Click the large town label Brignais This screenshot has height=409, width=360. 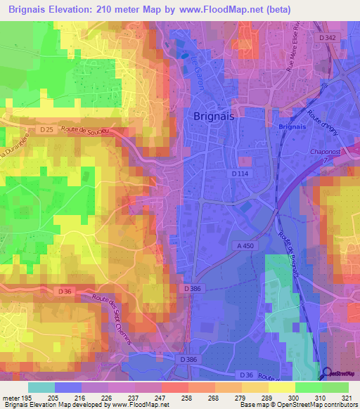215,118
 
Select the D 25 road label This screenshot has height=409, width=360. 46,130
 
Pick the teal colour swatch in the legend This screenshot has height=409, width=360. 41,387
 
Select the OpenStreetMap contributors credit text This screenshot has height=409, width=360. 319,405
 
